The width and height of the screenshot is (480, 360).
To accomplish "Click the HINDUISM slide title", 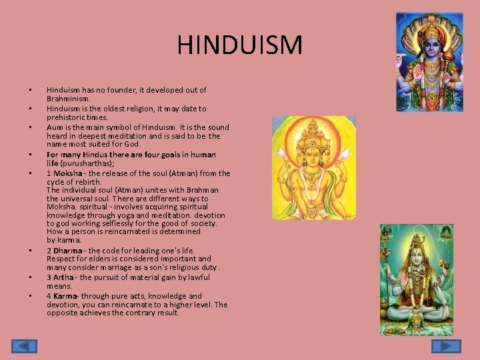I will (x=240, y=45).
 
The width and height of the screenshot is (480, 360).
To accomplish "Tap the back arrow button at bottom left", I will (x=24, y=346).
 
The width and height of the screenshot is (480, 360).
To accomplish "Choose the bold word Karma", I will (x=67, y=296).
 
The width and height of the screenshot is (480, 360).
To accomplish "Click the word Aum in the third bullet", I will (x=55, y=127).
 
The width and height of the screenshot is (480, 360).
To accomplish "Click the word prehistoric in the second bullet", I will (x=67, y=117).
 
